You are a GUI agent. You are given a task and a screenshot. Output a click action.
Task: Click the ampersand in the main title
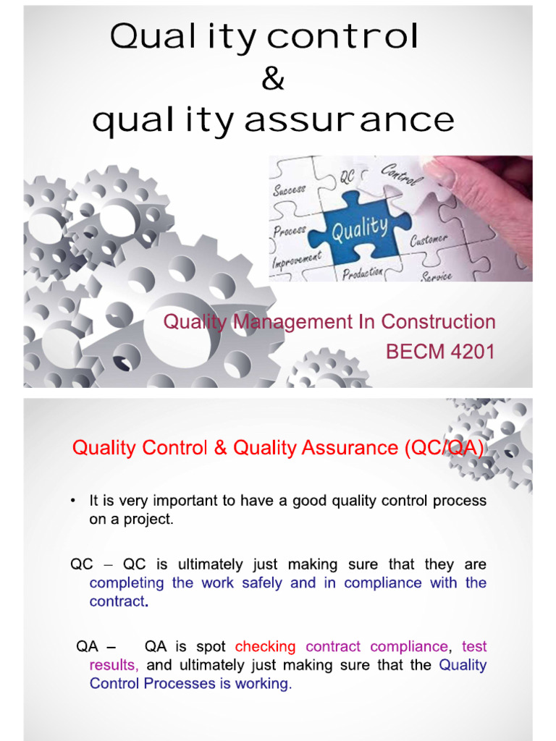(273, 78)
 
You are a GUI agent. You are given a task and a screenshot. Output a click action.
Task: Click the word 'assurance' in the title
(350, 120)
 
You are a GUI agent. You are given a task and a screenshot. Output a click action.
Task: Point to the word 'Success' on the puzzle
(290, 190)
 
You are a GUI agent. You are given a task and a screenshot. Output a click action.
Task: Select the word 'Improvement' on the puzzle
(297, 259)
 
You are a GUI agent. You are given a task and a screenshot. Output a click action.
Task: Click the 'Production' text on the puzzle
(363, 273)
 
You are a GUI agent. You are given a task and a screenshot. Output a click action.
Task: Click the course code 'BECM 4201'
(440, 352)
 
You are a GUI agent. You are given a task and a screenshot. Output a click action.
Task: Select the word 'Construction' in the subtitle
(438, 322)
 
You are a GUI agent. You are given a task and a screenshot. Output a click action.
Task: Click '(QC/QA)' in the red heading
(445, 448)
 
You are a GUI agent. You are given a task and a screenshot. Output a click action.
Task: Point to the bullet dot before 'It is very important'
(73, 501)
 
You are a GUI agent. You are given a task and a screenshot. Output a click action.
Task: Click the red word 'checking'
(265, 646)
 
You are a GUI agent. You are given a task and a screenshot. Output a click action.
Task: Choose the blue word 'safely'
(262, 583)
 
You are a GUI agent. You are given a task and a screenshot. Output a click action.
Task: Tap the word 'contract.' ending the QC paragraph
(119, 601)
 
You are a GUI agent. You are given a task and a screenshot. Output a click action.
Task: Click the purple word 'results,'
(114, 665)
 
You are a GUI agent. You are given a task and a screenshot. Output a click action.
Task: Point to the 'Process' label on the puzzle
(290, 231)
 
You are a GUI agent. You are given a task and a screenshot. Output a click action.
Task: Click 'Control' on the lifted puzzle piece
(401, 174)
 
